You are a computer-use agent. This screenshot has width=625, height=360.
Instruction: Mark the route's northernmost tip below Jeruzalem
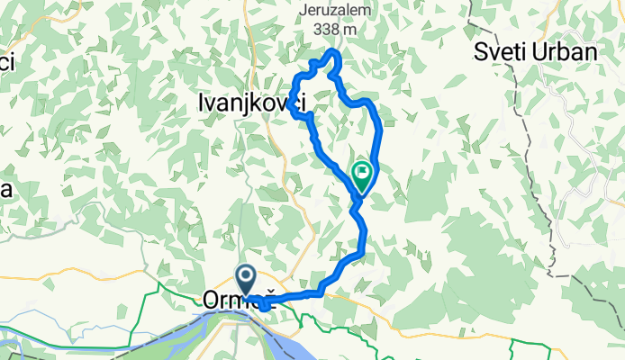(x=334, y=54)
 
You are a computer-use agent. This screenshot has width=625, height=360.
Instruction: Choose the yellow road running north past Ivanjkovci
(x=289, y=180)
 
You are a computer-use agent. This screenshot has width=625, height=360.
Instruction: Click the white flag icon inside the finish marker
(x=362, y=170)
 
